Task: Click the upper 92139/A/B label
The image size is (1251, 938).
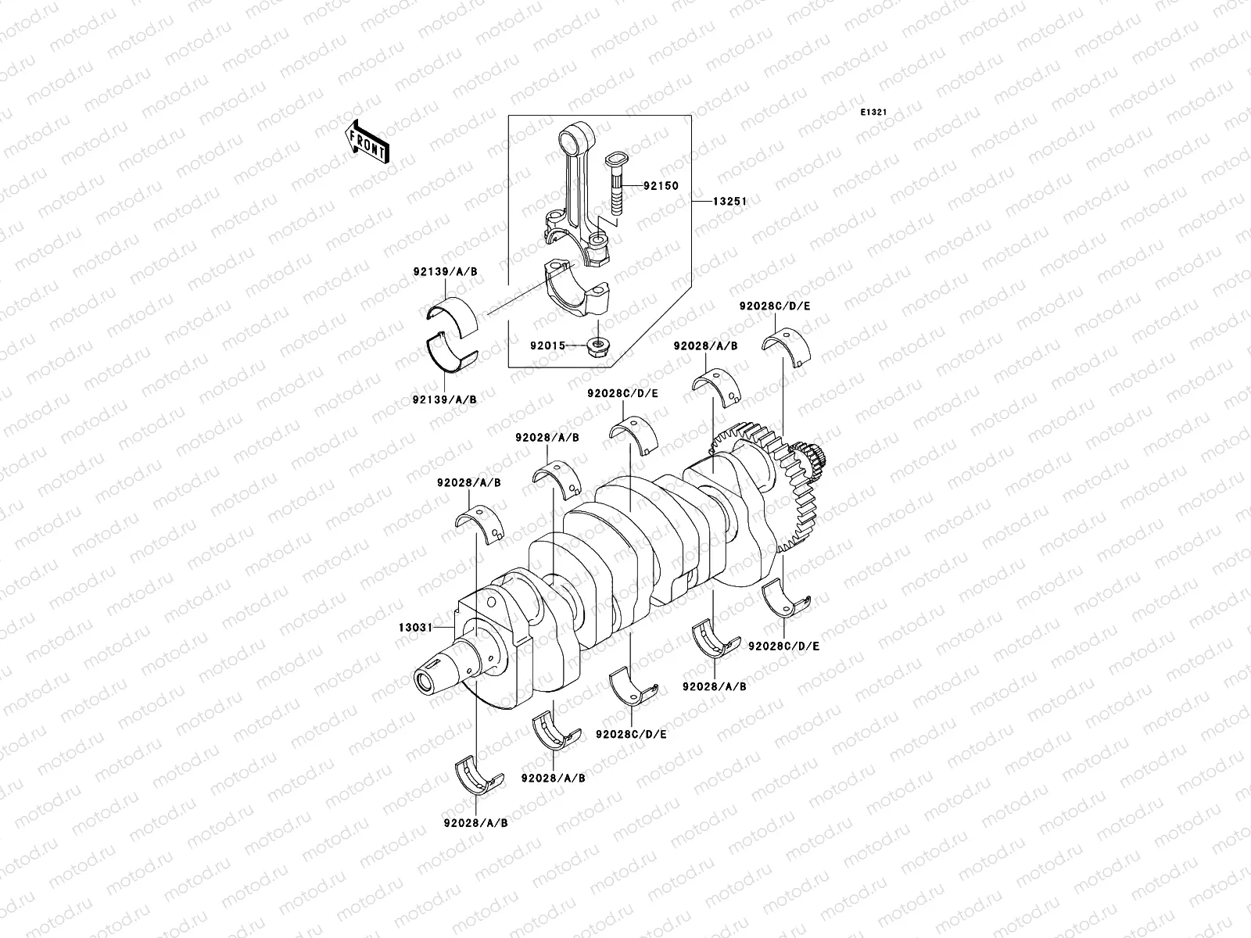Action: coord(446,271)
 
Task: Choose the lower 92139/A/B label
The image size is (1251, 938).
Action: coord(446,399)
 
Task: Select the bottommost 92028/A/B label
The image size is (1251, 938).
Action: coord(477,823)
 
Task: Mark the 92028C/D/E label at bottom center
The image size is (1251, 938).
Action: coord(631,734)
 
